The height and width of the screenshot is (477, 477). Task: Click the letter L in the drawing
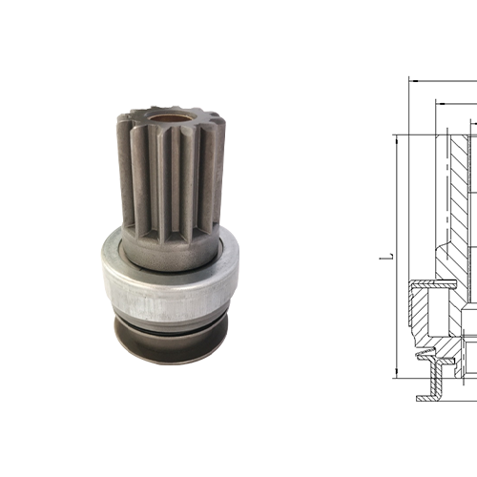(x=381, y=256)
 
